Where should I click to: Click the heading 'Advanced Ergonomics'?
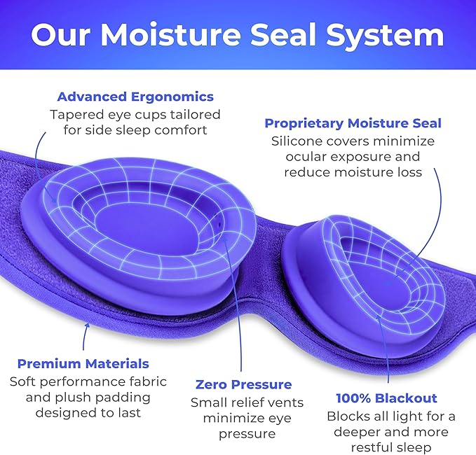pos(135,97)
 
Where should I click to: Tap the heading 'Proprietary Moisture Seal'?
pos(353,123)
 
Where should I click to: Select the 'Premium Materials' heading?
pos(83,363)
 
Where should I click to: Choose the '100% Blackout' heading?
pos(386,398)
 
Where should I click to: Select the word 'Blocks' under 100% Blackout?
pos(346,416)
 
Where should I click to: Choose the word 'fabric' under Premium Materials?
pos(148,381)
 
